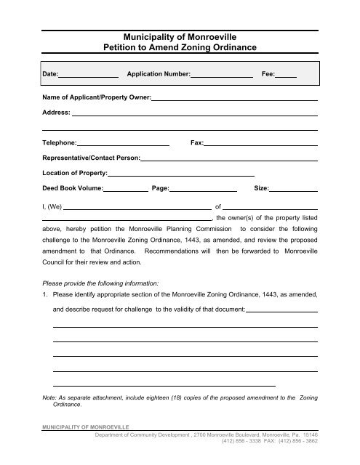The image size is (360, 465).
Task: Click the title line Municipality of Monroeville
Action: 180,34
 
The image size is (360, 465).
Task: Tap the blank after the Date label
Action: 88,75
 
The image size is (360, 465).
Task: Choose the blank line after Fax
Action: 261,144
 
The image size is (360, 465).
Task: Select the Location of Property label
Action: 74,173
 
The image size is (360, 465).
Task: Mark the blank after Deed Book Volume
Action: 126,189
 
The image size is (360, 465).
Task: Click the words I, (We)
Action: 53,206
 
